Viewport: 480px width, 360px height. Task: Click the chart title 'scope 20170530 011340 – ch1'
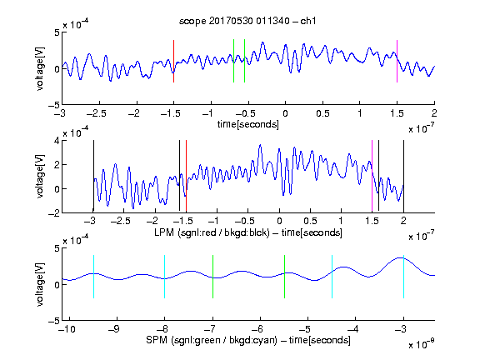[x=247, y=21]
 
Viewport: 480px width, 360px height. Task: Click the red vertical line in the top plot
[x=174, y=61]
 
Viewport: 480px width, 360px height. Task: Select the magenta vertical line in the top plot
[x=397, y=61]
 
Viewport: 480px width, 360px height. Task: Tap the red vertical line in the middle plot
[x=186, y=176]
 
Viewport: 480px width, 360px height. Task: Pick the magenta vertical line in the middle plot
[x=372, y=176]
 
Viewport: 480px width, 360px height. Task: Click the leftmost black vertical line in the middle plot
[x=93, y=176]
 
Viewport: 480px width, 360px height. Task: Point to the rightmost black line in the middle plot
[x=403, y=176]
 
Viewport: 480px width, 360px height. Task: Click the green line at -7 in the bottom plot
[x=212, y=277]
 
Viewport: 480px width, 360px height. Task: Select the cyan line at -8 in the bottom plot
[x=165, y=277]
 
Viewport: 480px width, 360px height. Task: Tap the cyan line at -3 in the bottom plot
[x=403, y=277]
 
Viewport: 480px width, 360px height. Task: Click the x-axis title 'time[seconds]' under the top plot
[x=248, y=124]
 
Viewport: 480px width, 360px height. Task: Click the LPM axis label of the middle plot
[x=248, y=232]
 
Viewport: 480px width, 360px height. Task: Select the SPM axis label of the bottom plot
[x=248, y=340]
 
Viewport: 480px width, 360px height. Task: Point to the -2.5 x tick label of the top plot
[x=97, y=113]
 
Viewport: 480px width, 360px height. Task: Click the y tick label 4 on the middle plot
[x=57, y=141]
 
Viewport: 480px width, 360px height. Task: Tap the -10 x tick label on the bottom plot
[x=67, y=329]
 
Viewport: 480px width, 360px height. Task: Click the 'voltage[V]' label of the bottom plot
[x=40, y=284]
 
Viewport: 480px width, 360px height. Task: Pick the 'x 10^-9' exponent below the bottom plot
[x=422, y=344]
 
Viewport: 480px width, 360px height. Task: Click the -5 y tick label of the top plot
[x=54, y=105]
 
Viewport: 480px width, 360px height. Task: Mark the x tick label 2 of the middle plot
[x=403, y=221]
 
